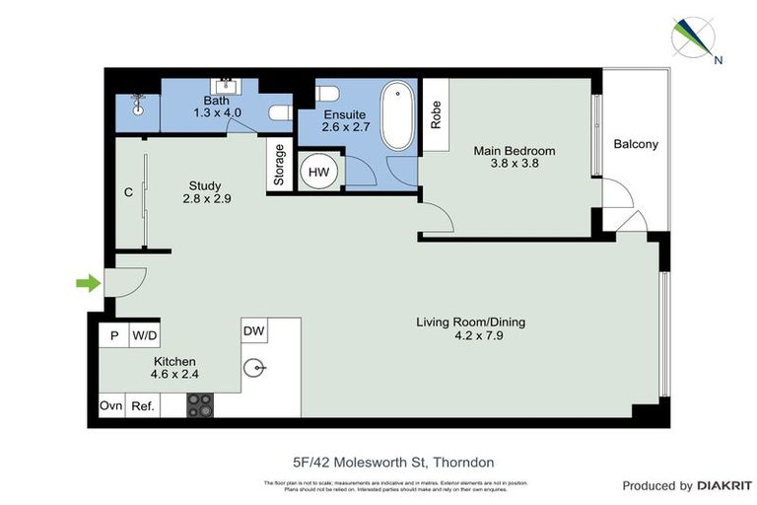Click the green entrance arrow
pyautogui.click(x=89, y=284)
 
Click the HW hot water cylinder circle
pyautogui.click(x=319, y=172)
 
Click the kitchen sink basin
pyautogui.click(x=256, y=369)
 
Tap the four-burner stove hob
pyautogui.click(x=201, y=405)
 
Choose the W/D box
pyautogui.click(x=144, y=336)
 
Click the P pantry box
pyautogui.click(x=113, y=336)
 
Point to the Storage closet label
pyautogui.click(x=280, y=166)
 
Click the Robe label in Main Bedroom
pyautogui.click(x=435, y=116)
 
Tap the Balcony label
pyautogui.click(x=636, y=144)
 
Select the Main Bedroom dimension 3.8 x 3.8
pyautogui.click(x=514, y=165)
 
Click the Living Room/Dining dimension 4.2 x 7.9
pyautogui.click(x=470, y=335)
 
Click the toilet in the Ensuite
pyautogui.click(x=327, y=95)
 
